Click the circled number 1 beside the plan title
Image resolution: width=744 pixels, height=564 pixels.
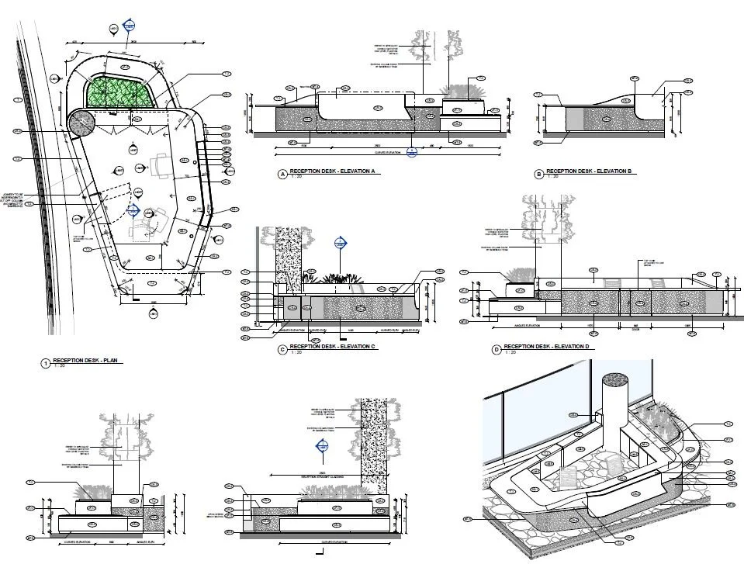[x=46, y=363]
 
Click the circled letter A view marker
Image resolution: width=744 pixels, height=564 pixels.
[x=282, y=174]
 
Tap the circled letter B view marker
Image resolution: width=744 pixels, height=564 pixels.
[x=539, y=174]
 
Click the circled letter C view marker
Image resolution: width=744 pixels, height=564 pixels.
[x=282, y=349]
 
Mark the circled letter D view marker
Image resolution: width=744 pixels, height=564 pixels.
[x=497, y=350]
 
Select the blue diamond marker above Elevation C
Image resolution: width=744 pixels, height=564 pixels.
[x=339, y=244]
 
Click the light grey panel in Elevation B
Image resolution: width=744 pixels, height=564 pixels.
[x=574, y=119]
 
